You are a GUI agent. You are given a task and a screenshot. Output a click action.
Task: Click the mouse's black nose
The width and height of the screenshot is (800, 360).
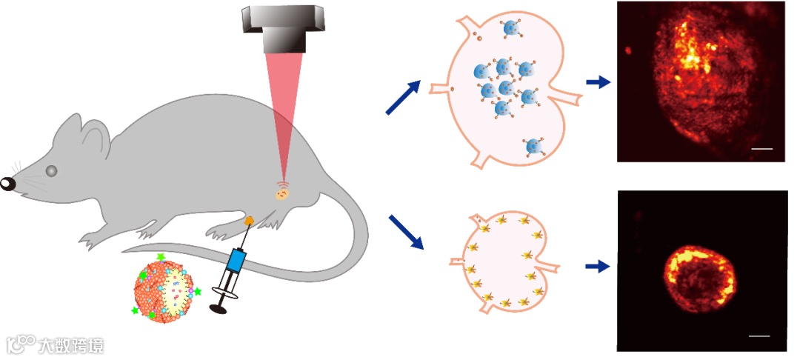(7, 183)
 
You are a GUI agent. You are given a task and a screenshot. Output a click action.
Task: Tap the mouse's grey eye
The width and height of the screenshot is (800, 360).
(51, 170)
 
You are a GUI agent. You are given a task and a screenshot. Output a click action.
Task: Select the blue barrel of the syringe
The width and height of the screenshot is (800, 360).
(236, 261)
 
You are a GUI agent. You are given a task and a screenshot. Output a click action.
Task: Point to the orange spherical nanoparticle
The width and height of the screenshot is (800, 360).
(164, 289)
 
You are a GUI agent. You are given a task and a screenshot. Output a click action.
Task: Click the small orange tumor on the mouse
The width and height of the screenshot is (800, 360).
(282, 195)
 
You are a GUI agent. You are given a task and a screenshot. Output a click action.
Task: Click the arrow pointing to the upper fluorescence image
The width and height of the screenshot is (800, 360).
(598, 82)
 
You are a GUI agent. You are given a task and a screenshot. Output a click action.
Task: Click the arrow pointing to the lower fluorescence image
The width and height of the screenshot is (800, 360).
(597, 266)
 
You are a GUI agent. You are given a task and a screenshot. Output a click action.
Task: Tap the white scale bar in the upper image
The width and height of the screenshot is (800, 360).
(761, 150)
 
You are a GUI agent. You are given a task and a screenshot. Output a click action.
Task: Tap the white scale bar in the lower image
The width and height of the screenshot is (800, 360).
(759, 336)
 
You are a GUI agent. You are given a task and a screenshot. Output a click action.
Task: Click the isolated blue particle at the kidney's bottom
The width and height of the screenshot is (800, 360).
(533, 147)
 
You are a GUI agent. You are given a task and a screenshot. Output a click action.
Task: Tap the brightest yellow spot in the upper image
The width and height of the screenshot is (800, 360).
(692, 56)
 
